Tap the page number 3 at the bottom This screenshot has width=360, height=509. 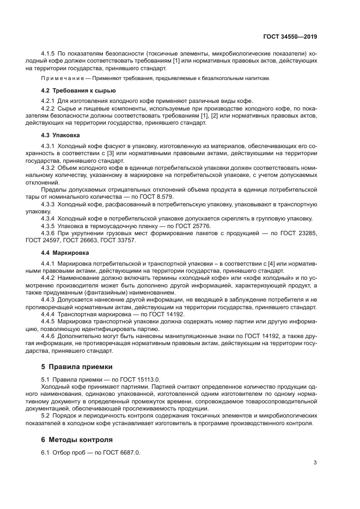315,463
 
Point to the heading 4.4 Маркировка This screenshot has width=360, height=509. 65,253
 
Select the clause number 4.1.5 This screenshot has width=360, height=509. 48,53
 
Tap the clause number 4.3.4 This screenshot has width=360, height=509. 48,219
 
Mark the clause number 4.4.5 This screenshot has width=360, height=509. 48,322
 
